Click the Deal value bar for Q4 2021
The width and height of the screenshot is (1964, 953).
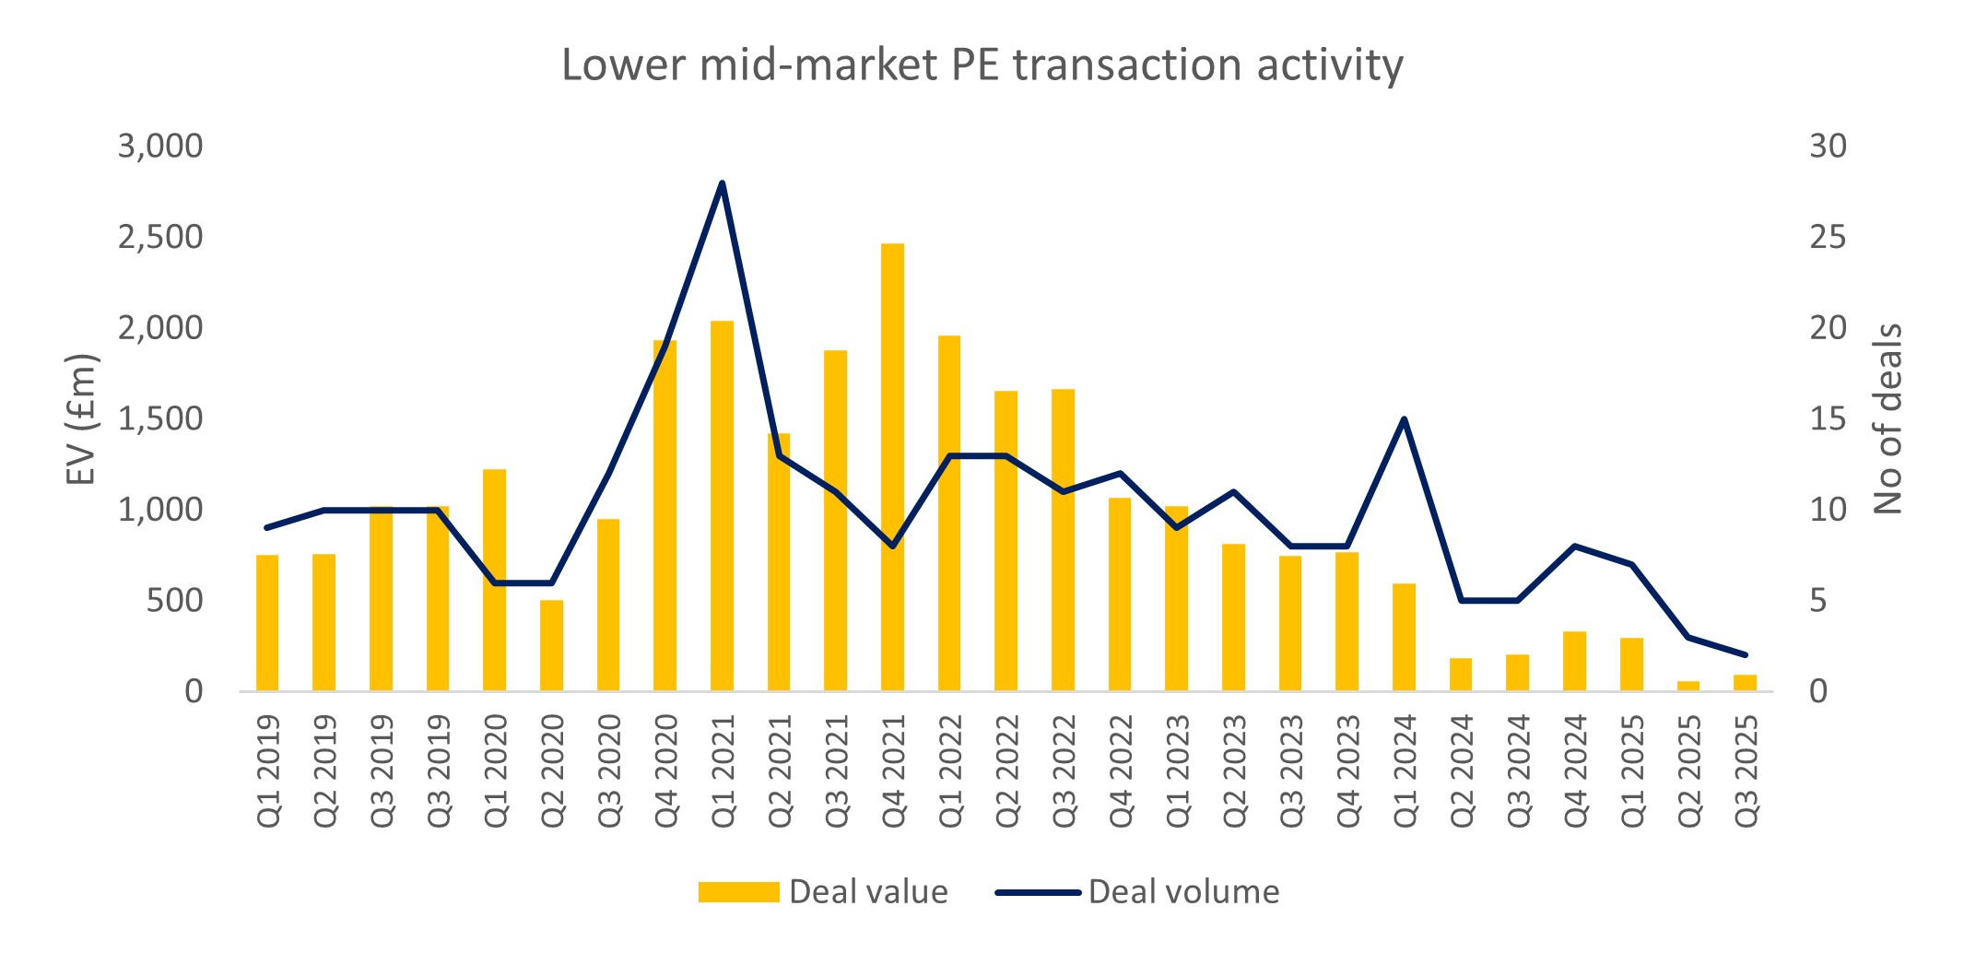892,467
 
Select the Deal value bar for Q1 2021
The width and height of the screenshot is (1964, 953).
722,506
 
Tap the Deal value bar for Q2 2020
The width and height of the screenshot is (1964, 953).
551,645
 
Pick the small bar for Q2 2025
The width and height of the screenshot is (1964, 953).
1688,686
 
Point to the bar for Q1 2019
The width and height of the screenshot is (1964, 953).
267,623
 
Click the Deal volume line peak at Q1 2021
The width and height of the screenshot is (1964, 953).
722,182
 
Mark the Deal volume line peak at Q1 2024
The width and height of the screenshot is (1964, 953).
1404,419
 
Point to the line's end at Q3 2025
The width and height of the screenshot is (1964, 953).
1745,654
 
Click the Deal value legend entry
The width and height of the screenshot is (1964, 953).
823,892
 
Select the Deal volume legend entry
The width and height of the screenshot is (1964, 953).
1137,892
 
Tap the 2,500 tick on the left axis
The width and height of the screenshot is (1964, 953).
159,238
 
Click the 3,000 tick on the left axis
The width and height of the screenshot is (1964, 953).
159,147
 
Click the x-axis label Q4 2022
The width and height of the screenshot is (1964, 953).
1120,771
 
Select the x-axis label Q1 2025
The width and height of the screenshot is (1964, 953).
1631,771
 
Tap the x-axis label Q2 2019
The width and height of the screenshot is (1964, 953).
324,771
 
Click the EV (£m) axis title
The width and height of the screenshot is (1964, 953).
81,419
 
